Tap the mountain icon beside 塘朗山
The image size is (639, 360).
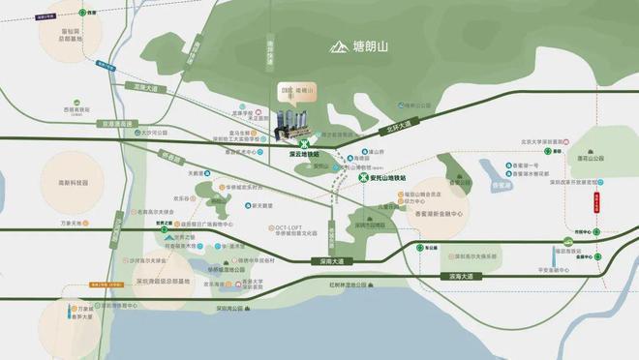pyautogui.click(x=338, y=45)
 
